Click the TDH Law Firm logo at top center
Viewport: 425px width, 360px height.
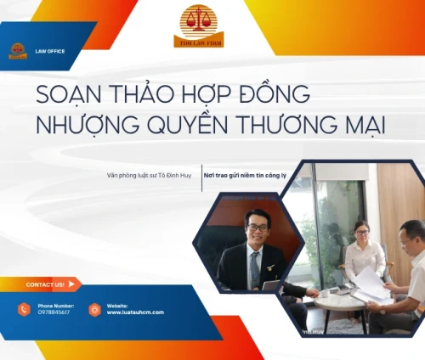click(199, 25)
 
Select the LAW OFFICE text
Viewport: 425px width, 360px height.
click(51, 51)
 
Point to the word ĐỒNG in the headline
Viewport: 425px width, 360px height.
click(276, 92)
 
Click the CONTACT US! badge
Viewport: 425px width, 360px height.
click(47, 284)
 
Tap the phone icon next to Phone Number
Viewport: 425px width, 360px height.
click(23, 309)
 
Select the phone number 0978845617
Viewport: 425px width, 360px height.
click(54, 312)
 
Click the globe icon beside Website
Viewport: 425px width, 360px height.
click(94, 309)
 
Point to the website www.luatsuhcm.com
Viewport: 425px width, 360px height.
click(135, 312)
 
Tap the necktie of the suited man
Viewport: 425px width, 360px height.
click(254, 268)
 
